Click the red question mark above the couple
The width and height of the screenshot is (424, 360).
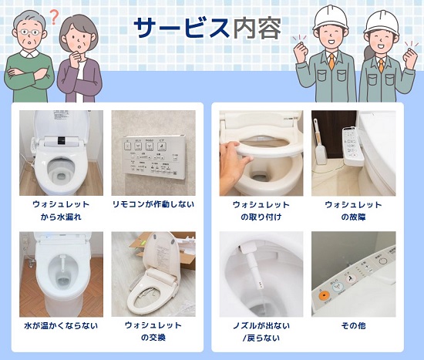[55, 18]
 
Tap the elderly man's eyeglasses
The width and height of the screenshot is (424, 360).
[29, 32]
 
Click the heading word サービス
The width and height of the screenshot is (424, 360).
[182, 28]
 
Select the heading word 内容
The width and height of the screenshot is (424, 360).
[257, 28]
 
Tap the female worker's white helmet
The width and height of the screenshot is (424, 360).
[382, 22]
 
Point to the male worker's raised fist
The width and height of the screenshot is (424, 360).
[301, 47]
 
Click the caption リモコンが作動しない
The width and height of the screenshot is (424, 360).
[153, 204]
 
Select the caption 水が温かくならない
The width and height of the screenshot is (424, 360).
[61, 325]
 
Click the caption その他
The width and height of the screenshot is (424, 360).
[353, 325]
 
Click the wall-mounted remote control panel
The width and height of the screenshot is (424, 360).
[154, 156]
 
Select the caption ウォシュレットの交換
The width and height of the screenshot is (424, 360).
[153, 331]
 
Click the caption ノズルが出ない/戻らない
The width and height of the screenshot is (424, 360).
[261, 331]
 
